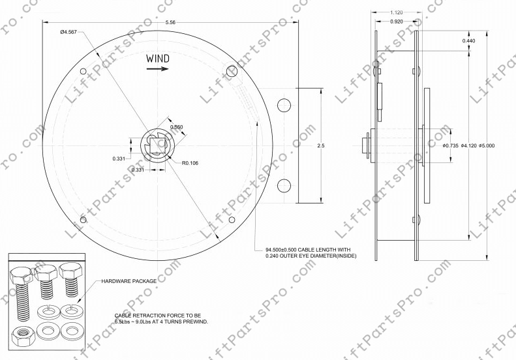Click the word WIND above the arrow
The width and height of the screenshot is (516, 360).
(158, 59)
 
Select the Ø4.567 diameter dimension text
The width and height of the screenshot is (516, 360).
(69, 31)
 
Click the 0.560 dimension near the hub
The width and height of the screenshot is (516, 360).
(177, 127)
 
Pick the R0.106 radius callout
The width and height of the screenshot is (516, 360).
(190, 163)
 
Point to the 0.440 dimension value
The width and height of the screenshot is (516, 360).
(468, 41)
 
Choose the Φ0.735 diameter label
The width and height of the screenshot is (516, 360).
(450, 145)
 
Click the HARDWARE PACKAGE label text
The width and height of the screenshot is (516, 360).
(129, 281)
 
